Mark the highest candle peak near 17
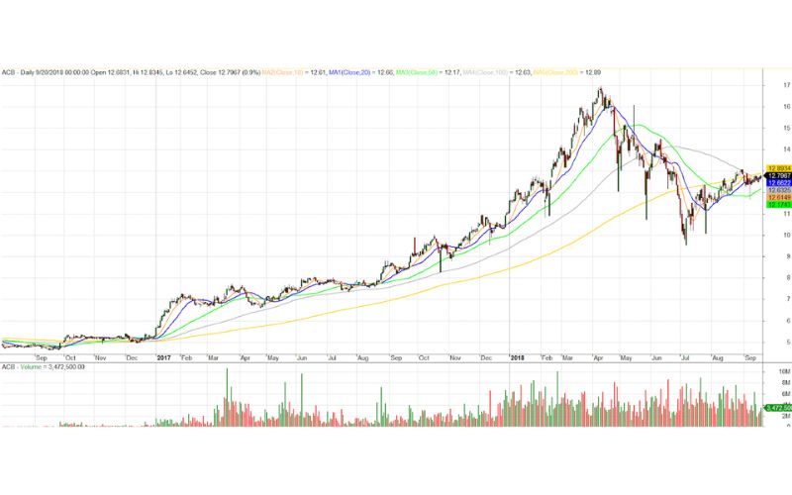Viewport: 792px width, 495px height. coord(600,88)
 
